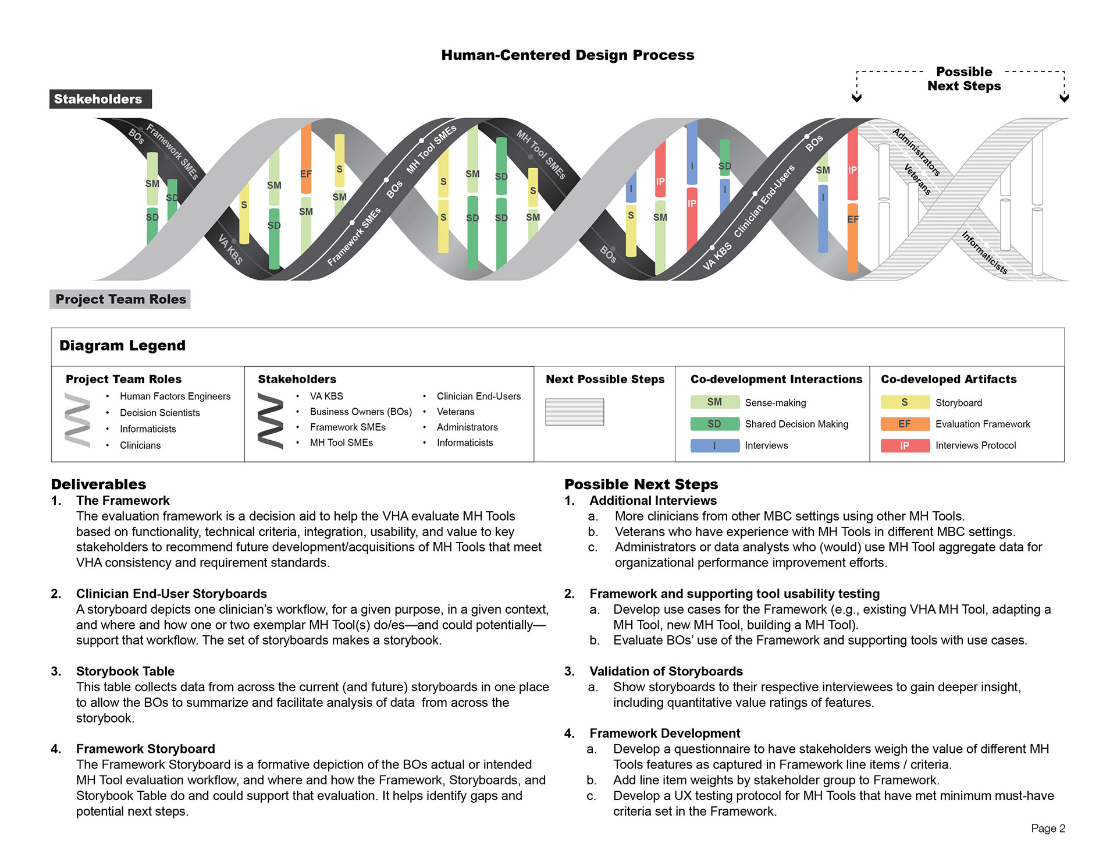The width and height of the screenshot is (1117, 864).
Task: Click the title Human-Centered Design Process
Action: (x=567, y=55)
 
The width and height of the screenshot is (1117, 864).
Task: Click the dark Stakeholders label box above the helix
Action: (x=100, y=99)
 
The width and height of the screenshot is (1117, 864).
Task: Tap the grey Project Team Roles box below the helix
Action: (x=120, y=299)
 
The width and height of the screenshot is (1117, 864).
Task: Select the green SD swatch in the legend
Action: (x=714, y=424)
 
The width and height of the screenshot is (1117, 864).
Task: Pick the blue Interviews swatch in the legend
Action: (x=714, y=445)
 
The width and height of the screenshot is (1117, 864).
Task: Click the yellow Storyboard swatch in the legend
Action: (x=905, y=402)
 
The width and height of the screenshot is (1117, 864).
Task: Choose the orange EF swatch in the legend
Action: (x=905, y=424)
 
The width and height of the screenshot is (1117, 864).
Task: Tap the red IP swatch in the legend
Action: (x=905, y=445)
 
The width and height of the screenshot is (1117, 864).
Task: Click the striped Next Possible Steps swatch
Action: (x=574, y=412)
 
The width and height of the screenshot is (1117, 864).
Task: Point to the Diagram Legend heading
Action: (x=123, y=346)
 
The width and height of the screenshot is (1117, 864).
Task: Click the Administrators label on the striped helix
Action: (x=916, y=151)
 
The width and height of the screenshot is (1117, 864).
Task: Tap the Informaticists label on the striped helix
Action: (x=984, y=253)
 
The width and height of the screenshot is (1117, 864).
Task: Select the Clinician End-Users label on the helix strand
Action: (x=764, y=201)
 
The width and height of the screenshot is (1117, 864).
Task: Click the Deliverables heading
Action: (x=99, y=484)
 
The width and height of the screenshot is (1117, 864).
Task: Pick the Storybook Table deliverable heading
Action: (x=125, y=671)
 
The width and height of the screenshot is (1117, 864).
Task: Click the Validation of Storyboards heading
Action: (x=666, y=671)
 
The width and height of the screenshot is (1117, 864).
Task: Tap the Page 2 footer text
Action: (x=1048, y=828)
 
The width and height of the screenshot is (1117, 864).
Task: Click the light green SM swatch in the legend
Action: (x=714, y=402)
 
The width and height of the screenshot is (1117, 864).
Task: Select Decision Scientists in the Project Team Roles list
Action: (x=159, y=413)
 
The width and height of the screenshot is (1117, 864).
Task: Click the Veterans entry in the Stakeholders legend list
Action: (x=456, y=412)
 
